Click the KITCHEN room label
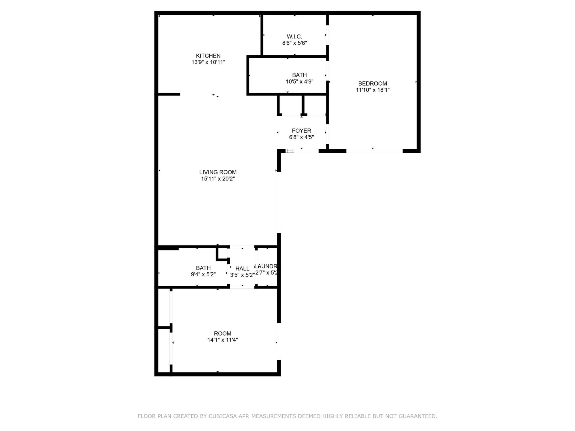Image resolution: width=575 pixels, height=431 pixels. tap(208, 56)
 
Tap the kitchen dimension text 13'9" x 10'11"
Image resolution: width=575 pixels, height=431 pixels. tap(208, 62)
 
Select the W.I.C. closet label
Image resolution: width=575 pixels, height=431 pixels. tap(294, 37)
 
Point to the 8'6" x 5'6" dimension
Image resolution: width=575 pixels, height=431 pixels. tap(294, 43)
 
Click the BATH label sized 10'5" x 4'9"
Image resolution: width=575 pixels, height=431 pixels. tap(299, 75)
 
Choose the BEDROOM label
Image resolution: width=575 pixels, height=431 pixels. tap(373, 84)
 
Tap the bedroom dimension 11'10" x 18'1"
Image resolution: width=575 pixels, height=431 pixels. tap(373, 90)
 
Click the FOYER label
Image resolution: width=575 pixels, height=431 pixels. tap(301, 131)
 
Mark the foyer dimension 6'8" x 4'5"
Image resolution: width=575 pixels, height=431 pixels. tap(301, 137)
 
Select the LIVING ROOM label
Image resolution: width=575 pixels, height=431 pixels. tap(218, 172)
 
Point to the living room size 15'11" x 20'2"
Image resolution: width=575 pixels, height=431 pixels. tap(218, 179)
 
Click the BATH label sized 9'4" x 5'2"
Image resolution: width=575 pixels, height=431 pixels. tap(203, 268)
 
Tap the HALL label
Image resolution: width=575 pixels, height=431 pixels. tap(242, 268)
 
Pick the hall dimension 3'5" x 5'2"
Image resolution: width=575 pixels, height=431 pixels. tap(242, 275)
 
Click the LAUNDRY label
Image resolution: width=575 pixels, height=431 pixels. tap(267, 266)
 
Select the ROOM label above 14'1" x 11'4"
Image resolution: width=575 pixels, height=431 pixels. tap(223, 333)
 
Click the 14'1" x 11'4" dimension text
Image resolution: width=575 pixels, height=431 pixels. tap(223, 340)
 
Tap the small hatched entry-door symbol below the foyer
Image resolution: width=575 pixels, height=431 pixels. tap(290, 151)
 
